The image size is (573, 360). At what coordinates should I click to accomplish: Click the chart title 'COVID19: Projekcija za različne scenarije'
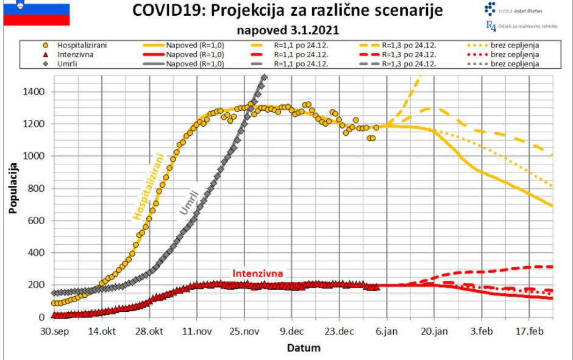point(283,11)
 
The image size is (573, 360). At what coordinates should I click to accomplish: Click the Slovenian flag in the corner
point(36,13)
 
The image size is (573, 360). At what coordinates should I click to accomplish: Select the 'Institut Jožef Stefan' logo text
point(522,10)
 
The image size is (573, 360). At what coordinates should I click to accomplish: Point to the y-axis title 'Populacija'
point(12,188)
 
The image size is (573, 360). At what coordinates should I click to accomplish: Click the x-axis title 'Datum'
point(303,348)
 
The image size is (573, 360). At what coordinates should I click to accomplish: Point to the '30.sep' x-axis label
point(54,332)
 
